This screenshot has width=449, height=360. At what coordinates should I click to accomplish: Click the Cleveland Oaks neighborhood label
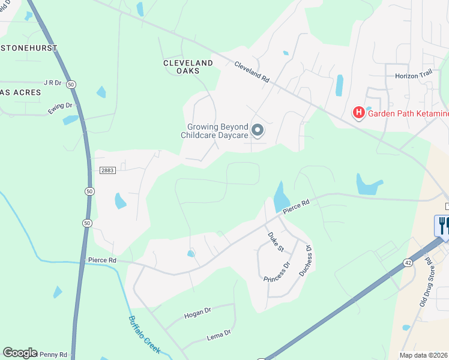188,67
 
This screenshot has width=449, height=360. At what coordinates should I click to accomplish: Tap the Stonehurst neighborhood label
29,47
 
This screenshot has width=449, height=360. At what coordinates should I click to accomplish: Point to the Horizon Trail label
414,76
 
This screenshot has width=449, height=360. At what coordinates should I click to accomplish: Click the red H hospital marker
358,112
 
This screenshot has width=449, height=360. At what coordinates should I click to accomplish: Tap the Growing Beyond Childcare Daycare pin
258,130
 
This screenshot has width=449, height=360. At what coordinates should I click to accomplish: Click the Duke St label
276,242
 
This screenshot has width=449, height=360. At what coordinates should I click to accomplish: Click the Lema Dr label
218,334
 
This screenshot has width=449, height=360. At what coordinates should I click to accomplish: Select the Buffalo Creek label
144,334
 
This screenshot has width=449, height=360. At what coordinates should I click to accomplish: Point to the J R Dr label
53,83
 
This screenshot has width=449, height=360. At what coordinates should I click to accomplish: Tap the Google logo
20,353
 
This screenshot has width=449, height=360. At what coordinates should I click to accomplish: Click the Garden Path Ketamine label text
408,113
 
